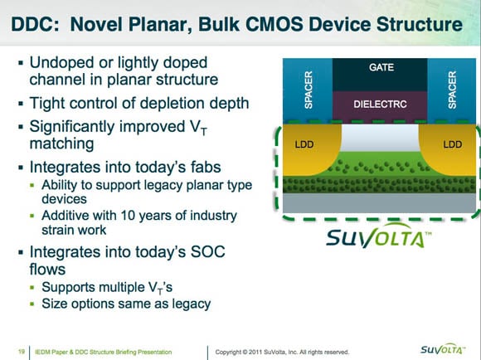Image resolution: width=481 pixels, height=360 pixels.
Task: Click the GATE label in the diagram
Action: click(381, 67)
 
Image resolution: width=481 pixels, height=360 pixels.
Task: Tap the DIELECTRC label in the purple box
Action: click(380, 105)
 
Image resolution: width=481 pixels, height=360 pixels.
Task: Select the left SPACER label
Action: click(309, 90)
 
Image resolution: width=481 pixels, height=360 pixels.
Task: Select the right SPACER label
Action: click(452, 90)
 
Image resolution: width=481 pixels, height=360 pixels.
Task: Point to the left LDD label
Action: click(304, 144)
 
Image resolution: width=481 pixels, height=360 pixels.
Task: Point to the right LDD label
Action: click(453, 144)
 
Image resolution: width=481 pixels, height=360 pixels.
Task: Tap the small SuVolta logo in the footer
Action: click(443, 349)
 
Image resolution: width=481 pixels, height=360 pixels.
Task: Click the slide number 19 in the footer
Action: click(22, 352)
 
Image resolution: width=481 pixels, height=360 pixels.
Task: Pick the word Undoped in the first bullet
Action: click(61, 63)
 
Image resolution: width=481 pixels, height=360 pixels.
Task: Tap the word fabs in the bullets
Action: click(206, 168)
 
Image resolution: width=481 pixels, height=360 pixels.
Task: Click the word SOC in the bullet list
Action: click(207, 252)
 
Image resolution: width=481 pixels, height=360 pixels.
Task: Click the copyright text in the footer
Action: click(282, 352)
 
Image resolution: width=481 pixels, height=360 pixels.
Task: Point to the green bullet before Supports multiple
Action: click(32, 288)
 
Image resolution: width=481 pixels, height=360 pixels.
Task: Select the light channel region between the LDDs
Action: click(380, 138)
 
